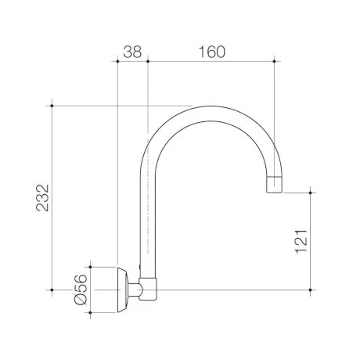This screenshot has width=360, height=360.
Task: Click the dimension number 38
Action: pyautogui.click(x=132, y=52)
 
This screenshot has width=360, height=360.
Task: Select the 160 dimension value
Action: pyautogui.click(x=211, y=52)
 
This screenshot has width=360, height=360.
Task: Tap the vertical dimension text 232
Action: pyautogui.click(x=42, y=198)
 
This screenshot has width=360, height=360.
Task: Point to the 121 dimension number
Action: pyautogui.click(x=301, y=241)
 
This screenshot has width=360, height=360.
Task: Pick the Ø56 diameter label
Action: pyautogui.click(x=81, y=290)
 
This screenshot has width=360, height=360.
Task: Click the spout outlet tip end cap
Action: pyautogui.click(x=274, y=185)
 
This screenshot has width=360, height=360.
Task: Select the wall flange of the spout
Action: pyautogui.click(x=123, y=290)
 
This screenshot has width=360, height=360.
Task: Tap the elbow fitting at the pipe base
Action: pyautogui.click(x=148, y=289)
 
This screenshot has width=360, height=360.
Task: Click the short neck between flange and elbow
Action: pyautogui.click(x=135, y=290)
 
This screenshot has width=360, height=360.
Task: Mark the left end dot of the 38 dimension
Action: pyautogui.click(x=117, y=61)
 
